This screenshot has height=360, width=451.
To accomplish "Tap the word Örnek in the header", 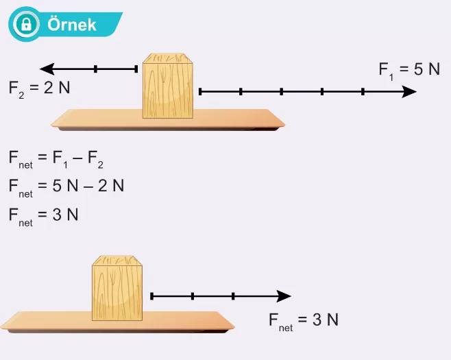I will pyautogui.click(x=72, y=25).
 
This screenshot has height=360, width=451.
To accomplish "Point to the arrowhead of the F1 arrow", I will pyautogui.click(x=409, y=91).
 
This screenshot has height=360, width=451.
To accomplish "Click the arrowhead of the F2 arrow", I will pyautogui.click(x=47, y=69).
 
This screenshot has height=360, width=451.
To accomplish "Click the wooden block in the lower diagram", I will pyautogui.click(x=117, y=289).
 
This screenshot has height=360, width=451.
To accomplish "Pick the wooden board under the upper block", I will pyautogui.click(x=168, y=120).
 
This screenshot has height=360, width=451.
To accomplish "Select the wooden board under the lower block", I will pyautogui.click(x=117, y=321).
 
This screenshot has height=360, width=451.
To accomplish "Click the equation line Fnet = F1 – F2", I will pyautogui.click(x=56, y=159).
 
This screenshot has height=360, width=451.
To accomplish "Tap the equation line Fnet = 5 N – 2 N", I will pyautogui.click(x=66, y=186).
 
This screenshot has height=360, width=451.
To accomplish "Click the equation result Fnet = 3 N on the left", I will pyautogui.click(x=44, y=215).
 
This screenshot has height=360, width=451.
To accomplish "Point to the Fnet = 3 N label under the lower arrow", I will pyautogui.click(x=304, y=320).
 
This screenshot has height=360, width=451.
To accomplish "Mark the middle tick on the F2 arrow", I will pyautogui.click(x=95, y=69).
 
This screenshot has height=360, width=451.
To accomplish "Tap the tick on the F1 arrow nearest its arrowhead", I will pyautogui.click(x=363, y=91).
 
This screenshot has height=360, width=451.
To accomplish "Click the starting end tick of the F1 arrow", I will pyautogui.click(x=199, y=91).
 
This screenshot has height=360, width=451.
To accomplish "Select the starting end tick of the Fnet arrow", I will pyautogui.click(x=151, y=296).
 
